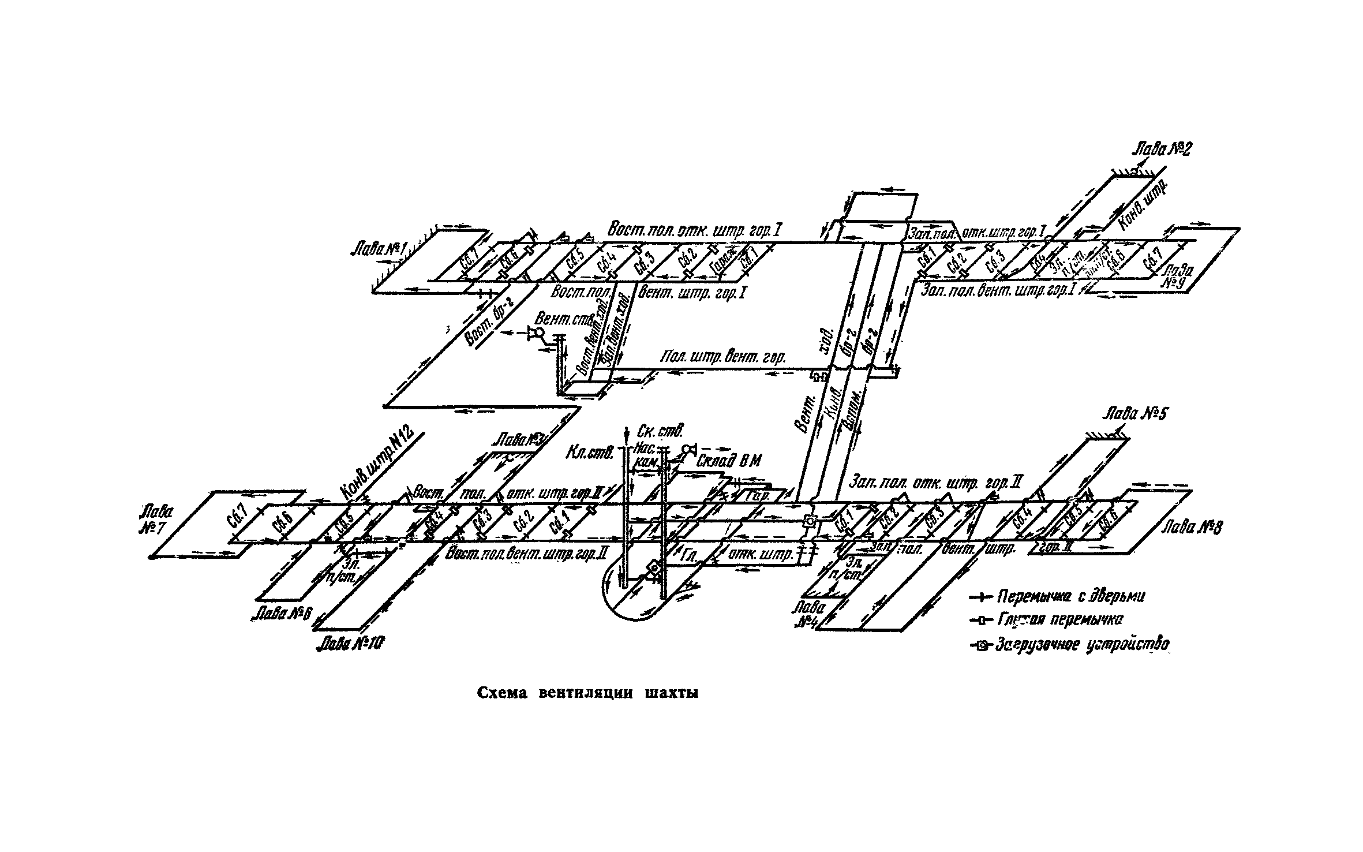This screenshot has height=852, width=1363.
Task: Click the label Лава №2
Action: click(x=1160, y=150)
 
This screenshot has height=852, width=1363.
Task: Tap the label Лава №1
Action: click(x=379, y=250)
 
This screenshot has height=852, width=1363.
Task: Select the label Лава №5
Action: click(x=1135, y=414)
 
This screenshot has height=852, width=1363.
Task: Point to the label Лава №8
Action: click(x=1189, y=527)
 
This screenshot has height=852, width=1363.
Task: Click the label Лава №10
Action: click(x=351, y=643)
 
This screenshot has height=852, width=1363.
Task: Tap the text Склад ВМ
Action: click(x=729, y=461)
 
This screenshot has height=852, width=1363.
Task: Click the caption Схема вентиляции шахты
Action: click(x=587, y=693)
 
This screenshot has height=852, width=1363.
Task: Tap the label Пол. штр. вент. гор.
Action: click(x=724, y=358)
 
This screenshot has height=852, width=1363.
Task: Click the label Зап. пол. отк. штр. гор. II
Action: click(x=935, y=482)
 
